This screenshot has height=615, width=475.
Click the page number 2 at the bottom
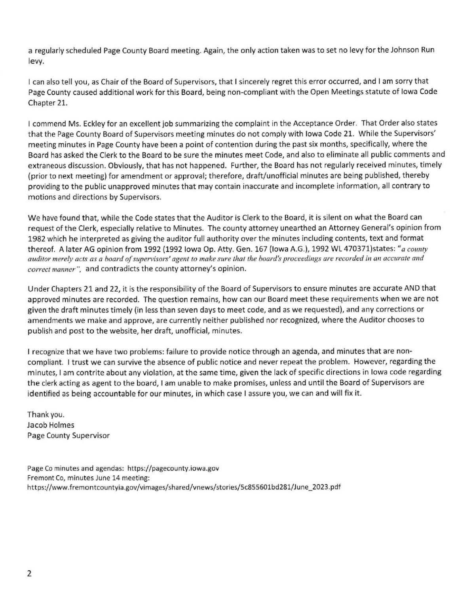tap(29, 574)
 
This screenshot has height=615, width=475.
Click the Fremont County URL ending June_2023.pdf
tap(184, 487)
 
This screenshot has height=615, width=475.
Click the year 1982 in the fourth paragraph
tap(37, 238)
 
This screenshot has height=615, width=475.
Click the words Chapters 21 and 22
tap(83, 288)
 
